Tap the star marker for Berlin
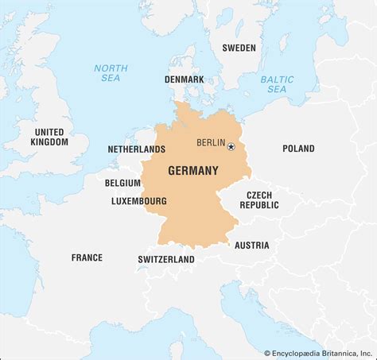point(231,146)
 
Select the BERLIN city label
point(211,143)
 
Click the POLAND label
point(297,149)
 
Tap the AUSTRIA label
point(251,245)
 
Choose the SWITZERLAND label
point(166,260)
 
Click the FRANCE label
point(87,257)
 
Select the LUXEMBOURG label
point(139,201)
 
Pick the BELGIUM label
point(122,183)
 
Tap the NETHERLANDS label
point(136,149)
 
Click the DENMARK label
point(184,79)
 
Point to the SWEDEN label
point(239,48)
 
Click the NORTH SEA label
point(111,73)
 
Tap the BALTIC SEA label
point(277,84)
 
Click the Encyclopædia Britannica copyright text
point(318,352)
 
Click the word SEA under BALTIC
point(277,90)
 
